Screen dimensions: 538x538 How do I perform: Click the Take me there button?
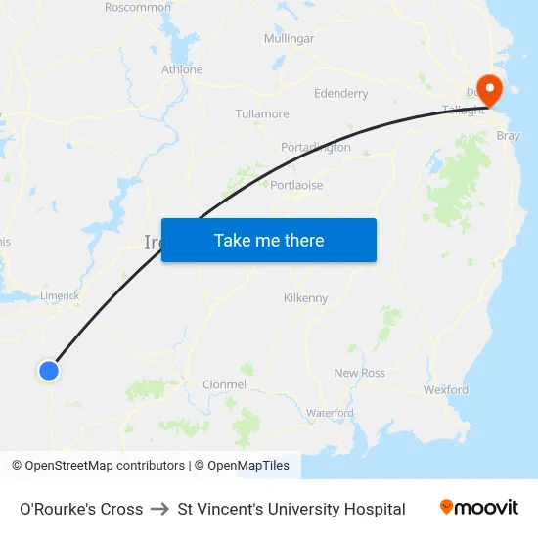[269, 240]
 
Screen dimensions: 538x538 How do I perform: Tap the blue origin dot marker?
[48, 371]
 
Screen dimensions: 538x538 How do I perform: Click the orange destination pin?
[486, 90]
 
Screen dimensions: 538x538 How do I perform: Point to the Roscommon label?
[138, 7]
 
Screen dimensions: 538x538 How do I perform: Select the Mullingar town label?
[289, 39]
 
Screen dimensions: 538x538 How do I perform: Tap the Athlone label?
[182, 69]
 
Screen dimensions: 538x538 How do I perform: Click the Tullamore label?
[262, 113]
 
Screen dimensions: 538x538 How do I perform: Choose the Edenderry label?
[340, 94]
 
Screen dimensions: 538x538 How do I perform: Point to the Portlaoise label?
[296, 185]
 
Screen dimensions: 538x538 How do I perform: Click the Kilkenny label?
[305, 298]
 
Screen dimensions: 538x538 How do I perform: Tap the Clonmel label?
[224, 385]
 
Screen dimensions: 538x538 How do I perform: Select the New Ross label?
[360, 373]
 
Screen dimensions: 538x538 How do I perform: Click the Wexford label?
[445, 389]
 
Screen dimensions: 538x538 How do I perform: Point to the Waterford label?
[330, 413]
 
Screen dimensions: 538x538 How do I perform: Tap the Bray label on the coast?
[509, 136]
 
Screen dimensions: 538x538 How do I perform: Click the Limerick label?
[60, 295]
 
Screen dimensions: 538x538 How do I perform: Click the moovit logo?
[478, 508]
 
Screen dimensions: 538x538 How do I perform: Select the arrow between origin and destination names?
[160, 509]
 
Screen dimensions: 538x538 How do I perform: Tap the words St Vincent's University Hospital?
[291, 509]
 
